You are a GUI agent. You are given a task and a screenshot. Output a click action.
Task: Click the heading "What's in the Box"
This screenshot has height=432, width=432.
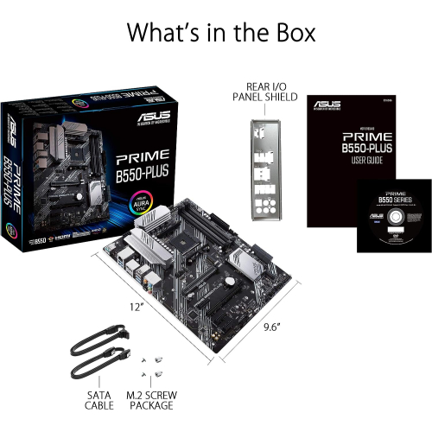point(221,32)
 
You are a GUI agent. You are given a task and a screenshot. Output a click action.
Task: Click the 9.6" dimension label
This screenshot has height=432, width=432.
point(274,327)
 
